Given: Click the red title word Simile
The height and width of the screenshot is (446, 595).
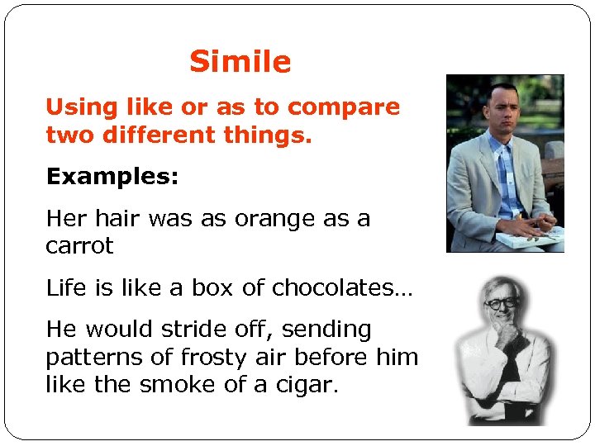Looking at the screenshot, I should click(x=240, y=62).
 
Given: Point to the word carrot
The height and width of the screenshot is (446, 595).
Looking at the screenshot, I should click(x=79, y=246).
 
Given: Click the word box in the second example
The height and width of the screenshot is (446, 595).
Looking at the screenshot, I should click(x=212, y=287).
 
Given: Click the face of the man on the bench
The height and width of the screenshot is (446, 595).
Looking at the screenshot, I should click(x=501, y=108).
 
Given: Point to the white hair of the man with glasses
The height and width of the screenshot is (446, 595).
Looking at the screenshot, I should click(x=499, y=285).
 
